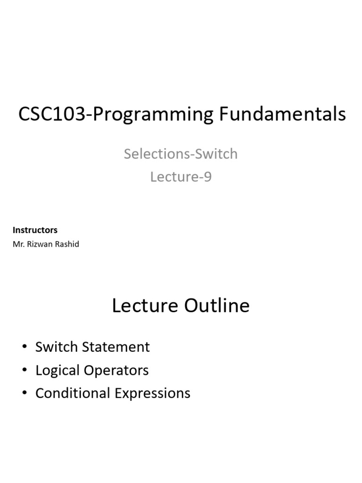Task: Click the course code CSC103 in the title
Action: tap(52, 114)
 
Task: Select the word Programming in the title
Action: tap(153, 115)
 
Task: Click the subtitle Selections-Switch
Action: tap(181, 154)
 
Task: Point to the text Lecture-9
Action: tap(181, 177)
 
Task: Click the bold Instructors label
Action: tap(35, 230)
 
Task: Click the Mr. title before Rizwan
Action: tap(19, 244)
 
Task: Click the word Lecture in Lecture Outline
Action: tap(145, 306)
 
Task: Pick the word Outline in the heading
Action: tap(217, 305)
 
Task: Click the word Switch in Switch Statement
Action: tap(57, 347)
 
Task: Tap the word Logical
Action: tap(58, 371)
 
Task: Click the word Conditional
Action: tap(73, 393)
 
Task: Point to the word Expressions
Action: tap(153, 394)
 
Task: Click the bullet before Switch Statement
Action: tap(25, 346)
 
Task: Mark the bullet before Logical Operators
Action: tap(25, 369)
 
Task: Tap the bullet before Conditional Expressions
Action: tap(25, 392)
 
